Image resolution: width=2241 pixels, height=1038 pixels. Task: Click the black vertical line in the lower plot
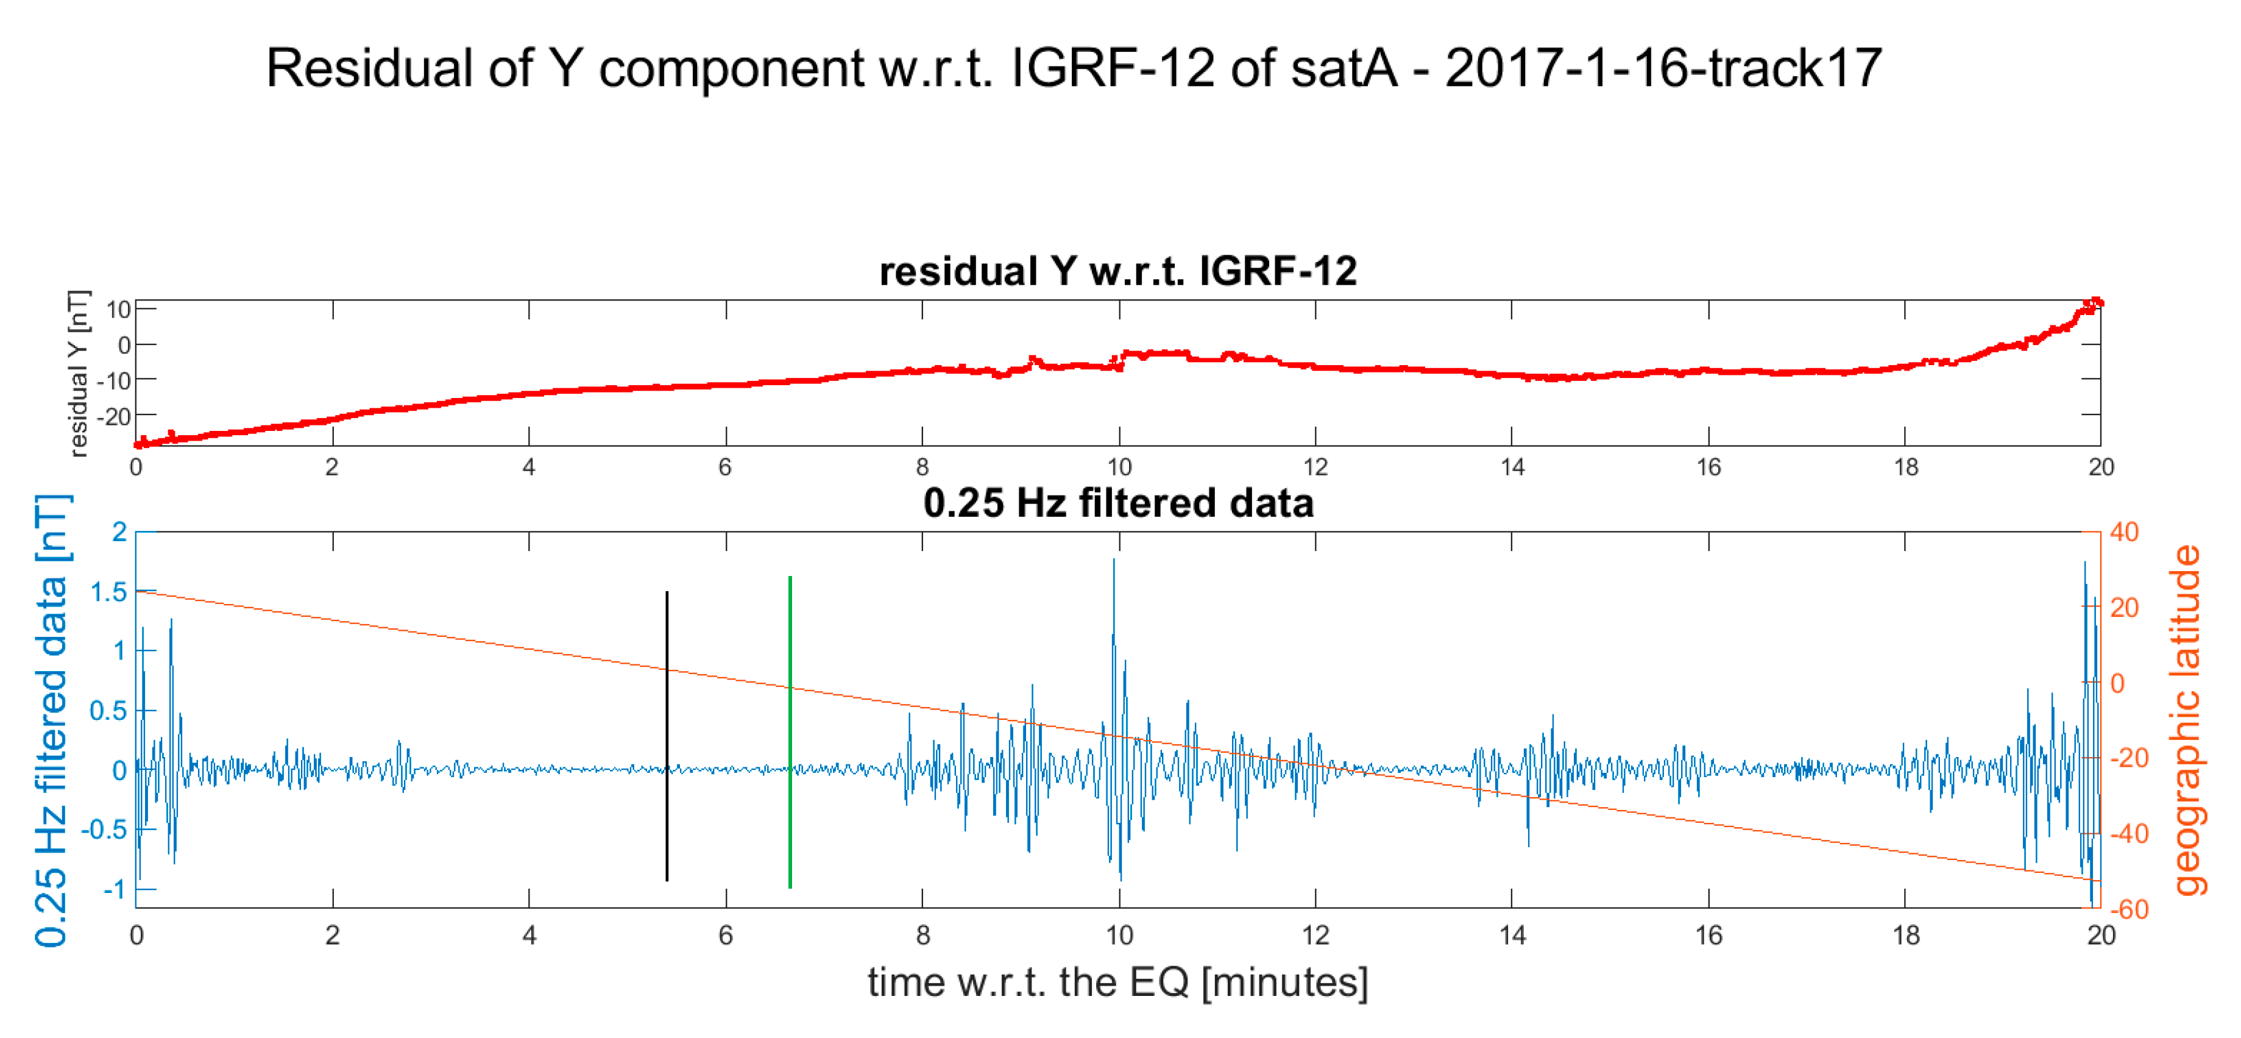pyautogui.click(x=667, y=735)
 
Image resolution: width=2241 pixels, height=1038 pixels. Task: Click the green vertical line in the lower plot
pyautogui.click(x=789, y=731)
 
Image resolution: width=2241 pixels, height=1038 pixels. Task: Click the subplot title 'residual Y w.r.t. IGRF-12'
pyautogui.click(x=1118, y=271)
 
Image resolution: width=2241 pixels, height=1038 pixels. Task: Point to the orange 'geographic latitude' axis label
pyautogui.click(x=2188, y=720)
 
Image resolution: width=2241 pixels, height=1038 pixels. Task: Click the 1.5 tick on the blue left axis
pyautogui.click(x=108, y=592)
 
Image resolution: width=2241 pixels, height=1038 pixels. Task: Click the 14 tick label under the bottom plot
pyautogui.click(x=1512, y=936)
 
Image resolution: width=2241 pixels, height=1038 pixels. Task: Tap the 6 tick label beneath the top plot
pyautogui.click(x=724, y=467)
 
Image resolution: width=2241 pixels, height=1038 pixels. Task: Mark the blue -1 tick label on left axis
pyautogui.click(x=114, y=889)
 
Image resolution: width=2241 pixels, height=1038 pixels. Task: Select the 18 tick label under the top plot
pyautogui.click(x=1905, y=467)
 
